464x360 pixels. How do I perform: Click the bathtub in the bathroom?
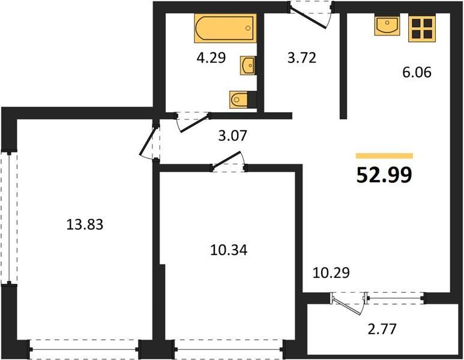click(225, 28)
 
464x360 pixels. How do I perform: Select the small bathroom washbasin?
click(247, 65)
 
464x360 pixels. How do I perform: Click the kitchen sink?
click(387, 26)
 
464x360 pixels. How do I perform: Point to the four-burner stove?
click(422, 28)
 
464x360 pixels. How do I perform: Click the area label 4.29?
click(211, 58)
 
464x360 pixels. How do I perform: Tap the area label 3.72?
click(302, 58)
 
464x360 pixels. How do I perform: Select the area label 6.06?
click(417, 72)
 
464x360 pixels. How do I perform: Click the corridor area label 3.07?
click(232, 136)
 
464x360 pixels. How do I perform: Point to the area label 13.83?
click(85, 224)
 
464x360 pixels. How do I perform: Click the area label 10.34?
click(229, 250)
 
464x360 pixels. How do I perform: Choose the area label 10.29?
click(331, 273)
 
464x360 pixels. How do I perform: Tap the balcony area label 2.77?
click(382, 329)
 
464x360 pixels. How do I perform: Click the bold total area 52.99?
click(384, 175)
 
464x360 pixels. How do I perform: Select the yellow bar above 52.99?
click(384, 156)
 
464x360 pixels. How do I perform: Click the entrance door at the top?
click(311, 16)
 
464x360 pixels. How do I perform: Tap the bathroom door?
click(193, 122)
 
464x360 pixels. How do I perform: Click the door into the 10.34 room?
click(229, 162)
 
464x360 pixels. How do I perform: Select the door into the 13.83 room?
click(150, 143)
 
